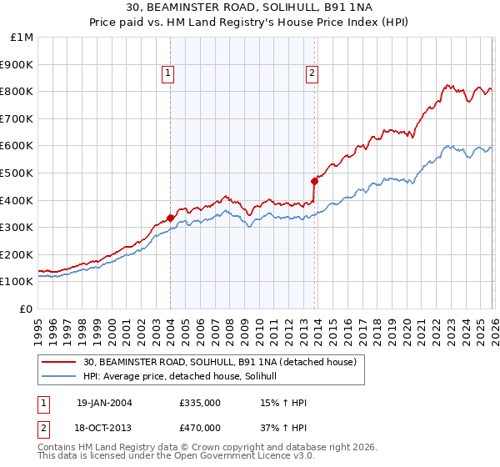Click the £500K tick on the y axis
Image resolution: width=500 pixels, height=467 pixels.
[18, 173]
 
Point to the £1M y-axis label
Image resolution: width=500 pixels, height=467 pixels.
[22, 37]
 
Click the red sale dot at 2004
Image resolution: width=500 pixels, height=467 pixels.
[170, 218]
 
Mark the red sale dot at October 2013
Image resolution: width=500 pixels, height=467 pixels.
[314, 181]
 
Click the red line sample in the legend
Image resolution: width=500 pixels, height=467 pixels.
[59, 362]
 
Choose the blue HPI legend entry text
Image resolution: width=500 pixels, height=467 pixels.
[185, 377]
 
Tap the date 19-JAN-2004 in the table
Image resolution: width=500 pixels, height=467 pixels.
[104, 403]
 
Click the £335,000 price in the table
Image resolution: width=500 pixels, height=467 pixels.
[199, 403]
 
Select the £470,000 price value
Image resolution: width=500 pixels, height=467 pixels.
[199, 427]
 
